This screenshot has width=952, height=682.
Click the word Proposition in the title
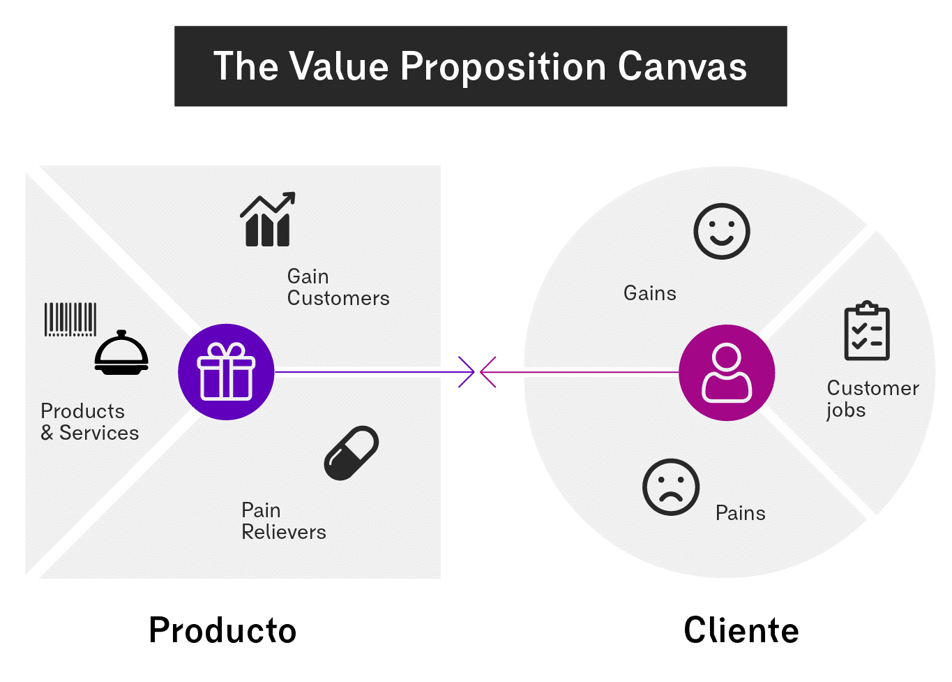[503, 67]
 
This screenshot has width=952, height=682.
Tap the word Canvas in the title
[681, 67]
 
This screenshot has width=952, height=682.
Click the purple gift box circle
[226, 372]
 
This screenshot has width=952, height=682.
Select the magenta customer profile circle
[727, 373]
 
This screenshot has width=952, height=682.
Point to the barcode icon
[70, 320]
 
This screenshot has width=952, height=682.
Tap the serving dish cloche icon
[121, 353]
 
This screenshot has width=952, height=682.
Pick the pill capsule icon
[352, 452]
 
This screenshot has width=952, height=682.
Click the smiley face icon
[721, 231]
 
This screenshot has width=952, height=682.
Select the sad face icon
[670, 487]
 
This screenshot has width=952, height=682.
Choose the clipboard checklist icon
[867, 331]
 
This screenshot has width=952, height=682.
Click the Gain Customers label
[338, 288]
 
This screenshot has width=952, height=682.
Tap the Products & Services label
[89, 422]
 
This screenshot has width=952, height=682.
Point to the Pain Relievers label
[283, 521]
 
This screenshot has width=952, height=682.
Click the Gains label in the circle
[649, 293]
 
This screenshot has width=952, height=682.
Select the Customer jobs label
[872, 399]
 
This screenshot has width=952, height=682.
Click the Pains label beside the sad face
[740, 513]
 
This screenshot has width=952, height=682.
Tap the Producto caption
[222, 630]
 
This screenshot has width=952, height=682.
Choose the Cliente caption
[741, 630]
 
